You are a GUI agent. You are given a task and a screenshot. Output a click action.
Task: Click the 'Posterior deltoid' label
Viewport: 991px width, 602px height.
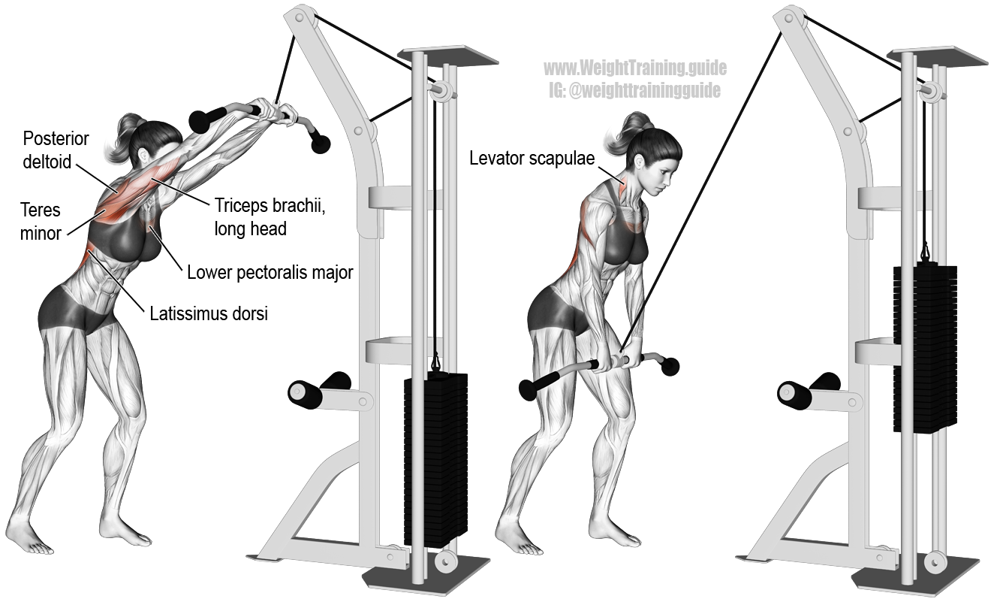click(56, 150)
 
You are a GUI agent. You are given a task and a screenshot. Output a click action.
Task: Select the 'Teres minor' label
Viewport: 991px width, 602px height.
click(41, 222)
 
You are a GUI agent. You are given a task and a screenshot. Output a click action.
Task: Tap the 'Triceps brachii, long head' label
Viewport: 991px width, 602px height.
click(270, 217)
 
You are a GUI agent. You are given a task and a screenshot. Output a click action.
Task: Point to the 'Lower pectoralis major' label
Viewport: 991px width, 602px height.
click(270, 272)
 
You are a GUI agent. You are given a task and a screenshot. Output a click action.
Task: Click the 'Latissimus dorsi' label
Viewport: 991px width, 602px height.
click(209, 313)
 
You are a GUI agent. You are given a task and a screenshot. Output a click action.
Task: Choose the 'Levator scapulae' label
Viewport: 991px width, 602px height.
click(532, 158)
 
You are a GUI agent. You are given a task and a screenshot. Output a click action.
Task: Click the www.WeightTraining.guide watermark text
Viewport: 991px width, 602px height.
click(635, 68)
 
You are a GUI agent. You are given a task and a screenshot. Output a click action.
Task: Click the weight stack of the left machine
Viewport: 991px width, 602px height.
click(435, 459)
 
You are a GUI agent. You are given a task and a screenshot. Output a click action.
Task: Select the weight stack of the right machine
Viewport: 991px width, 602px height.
click(925, 348)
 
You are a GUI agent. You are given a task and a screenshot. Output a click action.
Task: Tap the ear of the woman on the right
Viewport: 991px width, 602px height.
click(640, 162)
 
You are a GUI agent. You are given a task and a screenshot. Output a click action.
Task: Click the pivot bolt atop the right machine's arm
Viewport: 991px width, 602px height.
click(789, 19)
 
